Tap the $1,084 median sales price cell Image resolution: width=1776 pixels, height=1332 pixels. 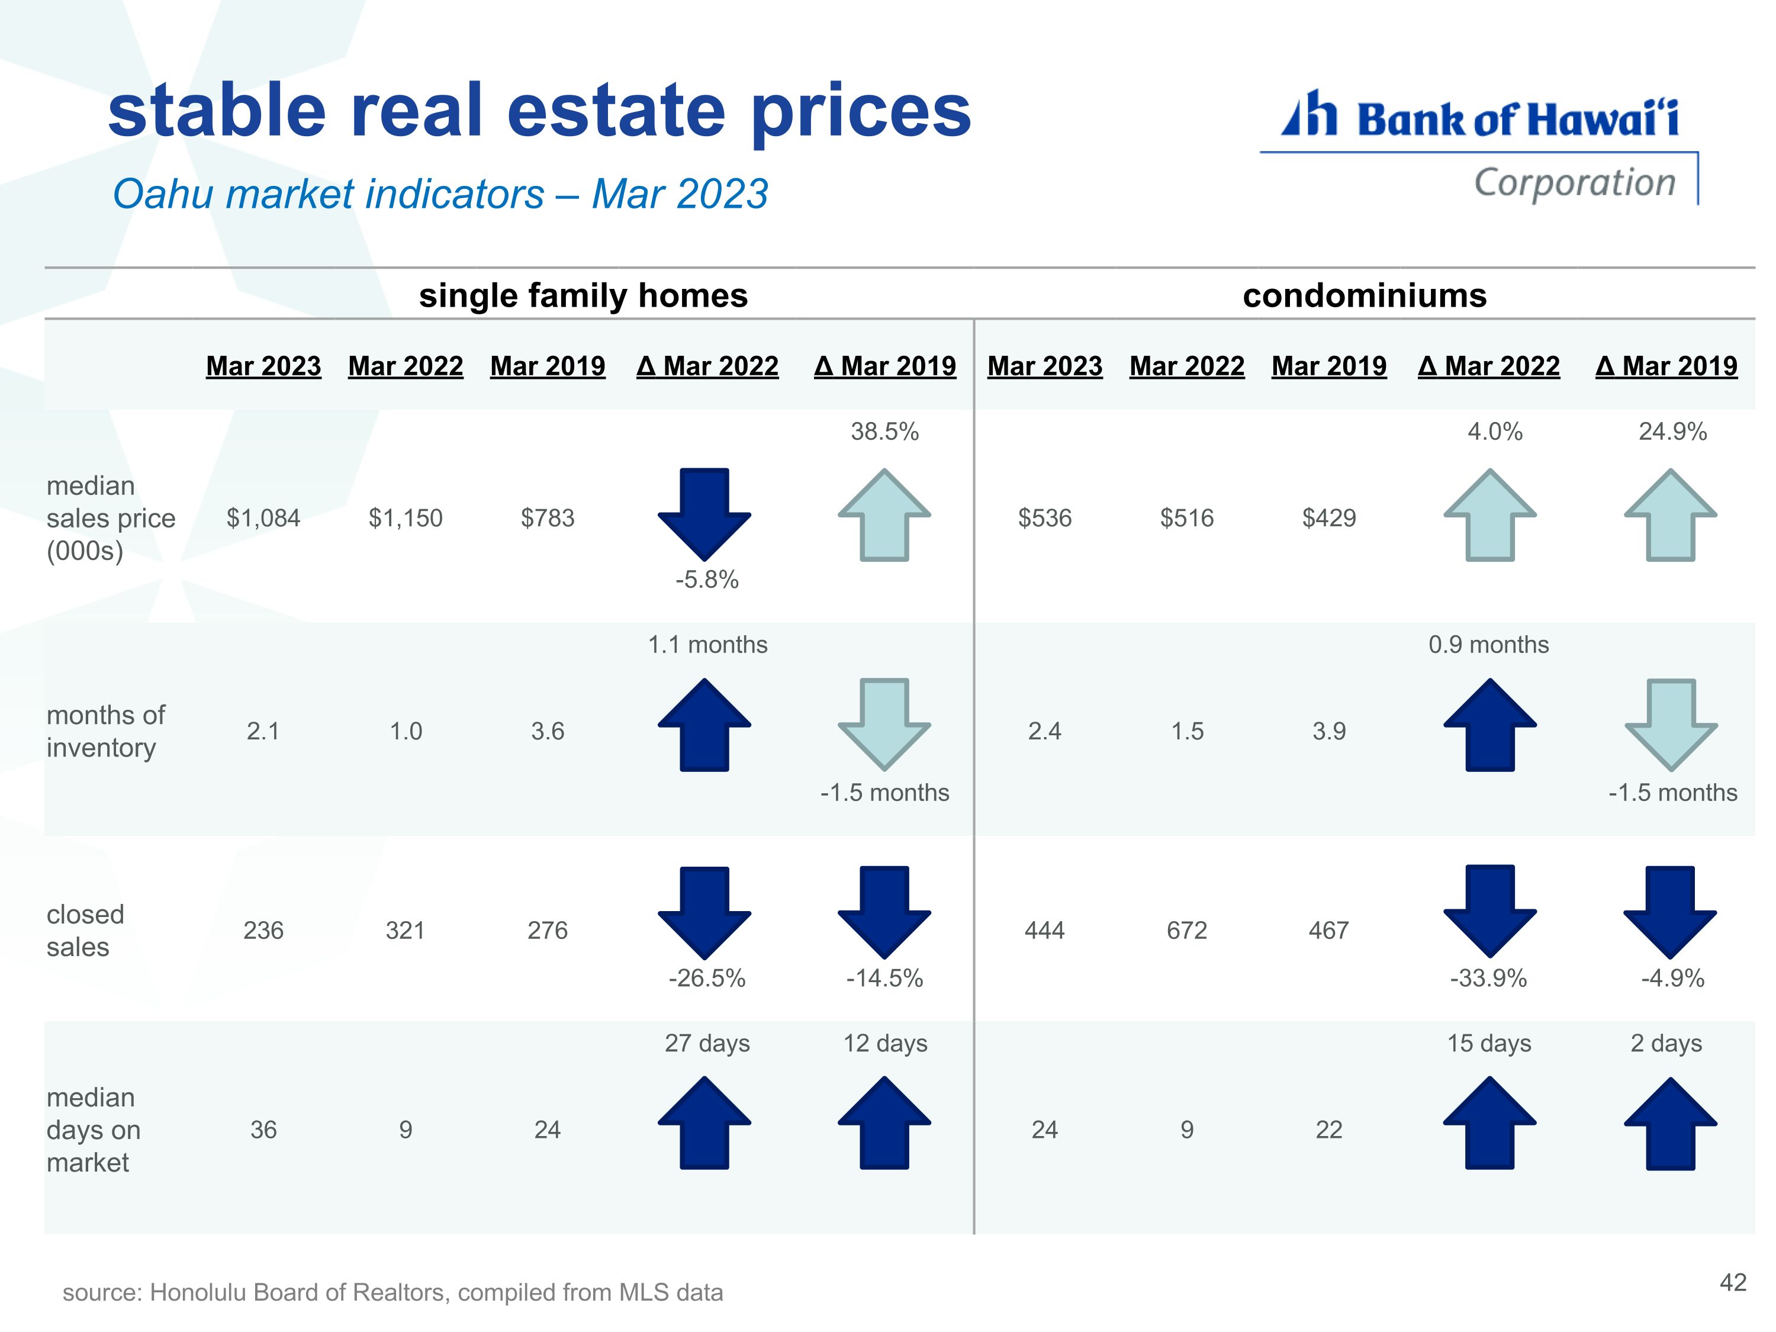tap(263, 518)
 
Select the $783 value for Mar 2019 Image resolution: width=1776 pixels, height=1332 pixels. tap(548, 518)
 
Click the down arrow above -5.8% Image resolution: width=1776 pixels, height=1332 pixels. tap(704, 514)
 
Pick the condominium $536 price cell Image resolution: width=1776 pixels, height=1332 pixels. tap(1044, 518)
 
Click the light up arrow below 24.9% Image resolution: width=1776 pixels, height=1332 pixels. tap(1671, 514)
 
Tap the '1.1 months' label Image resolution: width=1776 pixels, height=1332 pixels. tap(707, 644)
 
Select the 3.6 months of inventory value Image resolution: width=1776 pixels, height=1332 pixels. tap(548, 731)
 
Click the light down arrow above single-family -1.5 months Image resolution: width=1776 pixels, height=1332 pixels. tap(884, 724)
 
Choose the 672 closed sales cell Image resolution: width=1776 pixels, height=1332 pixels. tap(1187, 930)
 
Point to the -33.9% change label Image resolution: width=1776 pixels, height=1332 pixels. tap(1488, 978)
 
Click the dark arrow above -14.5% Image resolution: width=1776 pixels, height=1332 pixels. tap(884, 912)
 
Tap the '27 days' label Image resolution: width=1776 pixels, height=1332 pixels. tap(707, 1043)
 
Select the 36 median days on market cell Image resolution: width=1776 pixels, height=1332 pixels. tap(263, 1130)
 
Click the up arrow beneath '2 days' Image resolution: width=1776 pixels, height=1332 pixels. tap(1671, 1122)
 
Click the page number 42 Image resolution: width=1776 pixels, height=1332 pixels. tap(1733, 1282)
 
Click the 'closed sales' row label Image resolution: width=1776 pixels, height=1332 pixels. tap(85, 931)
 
